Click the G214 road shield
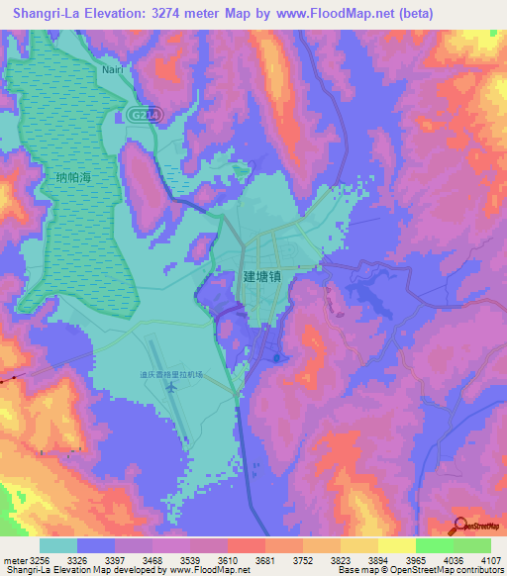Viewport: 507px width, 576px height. tap(141, 115)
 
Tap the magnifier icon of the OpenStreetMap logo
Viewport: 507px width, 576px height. tap(459, 526)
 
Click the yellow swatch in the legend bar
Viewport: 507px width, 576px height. tap(396, 544)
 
